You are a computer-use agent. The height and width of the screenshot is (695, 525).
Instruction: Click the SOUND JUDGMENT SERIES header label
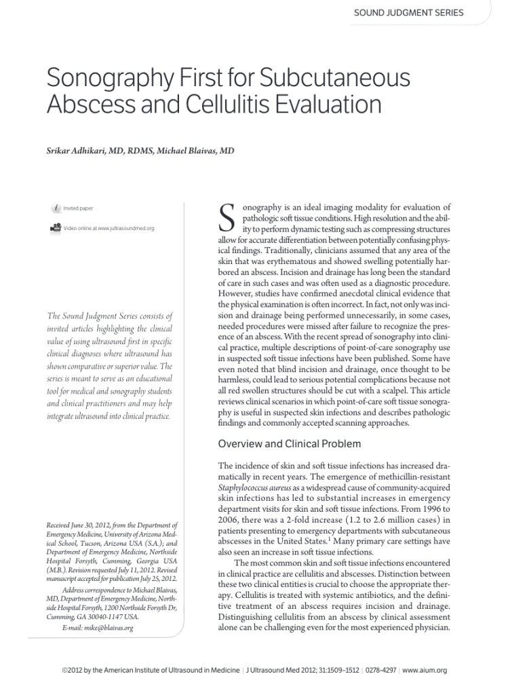409,13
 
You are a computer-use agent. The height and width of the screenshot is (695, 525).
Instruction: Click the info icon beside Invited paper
56,208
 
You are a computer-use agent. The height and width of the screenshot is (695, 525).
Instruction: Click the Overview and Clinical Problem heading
289,444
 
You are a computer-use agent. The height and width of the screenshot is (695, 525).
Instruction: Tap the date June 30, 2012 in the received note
90,525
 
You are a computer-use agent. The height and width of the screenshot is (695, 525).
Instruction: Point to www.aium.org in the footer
425,671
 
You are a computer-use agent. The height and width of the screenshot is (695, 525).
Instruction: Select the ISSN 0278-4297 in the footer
380,671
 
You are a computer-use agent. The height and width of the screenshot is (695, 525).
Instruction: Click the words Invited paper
79,208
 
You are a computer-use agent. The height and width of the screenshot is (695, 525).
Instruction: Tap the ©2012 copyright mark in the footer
71,671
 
